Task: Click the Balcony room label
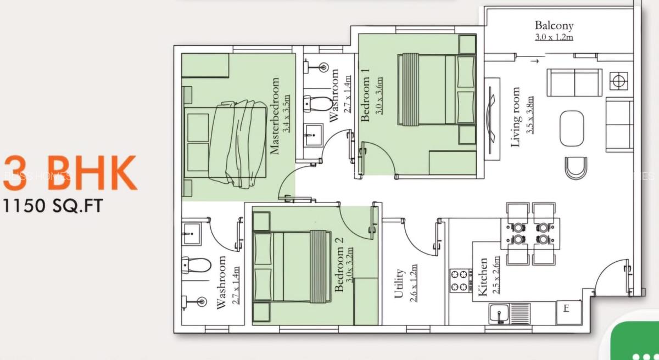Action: [x=554, y=25]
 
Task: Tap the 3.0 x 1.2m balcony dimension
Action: [x=554, y=37]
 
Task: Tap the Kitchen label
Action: [x=483, y=277]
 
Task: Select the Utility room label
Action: [x=399, y=283]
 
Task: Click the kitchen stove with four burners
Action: [x=460, y=280]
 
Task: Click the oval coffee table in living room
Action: [x=572, y=128]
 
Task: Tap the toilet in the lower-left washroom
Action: [x=196, y=265]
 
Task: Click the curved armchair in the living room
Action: [x=576, y=168]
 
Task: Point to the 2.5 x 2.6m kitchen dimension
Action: [x=496, y=277]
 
